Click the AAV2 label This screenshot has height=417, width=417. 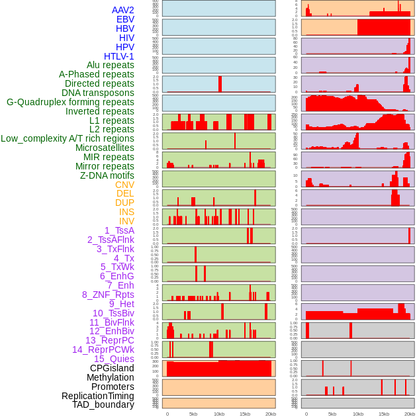(x=123, y=10)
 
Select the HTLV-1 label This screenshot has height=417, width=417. (x=119, y=56)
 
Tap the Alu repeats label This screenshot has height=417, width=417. (x=111, y=65)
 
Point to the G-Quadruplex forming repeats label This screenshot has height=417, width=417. (x=70, y=102)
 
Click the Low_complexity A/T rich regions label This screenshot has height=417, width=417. (x=68, y=138)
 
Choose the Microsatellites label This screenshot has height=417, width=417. (x=105, y=148)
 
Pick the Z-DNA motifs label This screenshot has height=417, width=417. (x=107, y=175)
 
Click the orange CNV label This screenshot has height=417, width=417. (x=124, y=185)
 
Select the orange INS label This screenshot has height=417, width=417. (x=126, y=212)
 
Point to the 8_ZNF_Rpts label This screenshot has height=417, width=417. (x=108, y=295)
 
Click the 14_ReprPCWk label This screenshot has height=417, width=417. (x=103, y=349)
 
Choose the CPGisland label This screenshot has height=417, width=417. (x=112, y=368)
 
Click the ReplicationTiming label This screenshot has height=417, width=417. (x=98, y=396)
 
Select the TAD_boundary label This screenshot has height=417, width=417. (x=103, y=404)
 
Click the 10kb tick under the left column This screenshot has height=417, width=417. (x=219, y=414)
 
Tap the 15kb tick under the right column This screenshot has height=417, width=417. (x=384, y=414)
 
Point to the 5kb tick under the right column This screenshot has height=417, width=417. (x=332, y=414)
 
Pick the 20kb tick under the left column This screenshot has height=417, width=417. (x=270, y=414)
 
